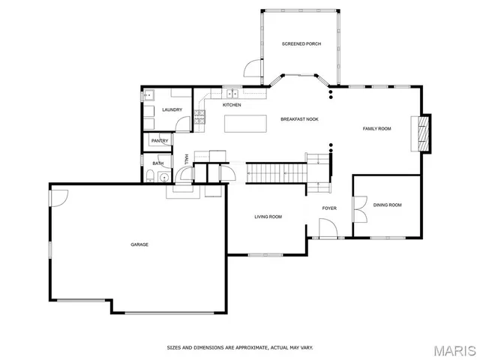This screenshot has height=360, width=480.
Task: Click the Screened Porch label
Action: click(301, 44)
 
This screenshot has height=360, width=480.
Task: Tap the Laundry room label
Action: click(172, 110)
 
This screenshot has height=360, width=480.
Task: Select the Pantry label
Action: click(160, 141)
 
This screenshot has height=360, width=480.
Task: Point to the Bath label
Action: click(158, 163)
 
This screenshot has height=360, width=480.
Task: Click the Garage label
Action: click(139, 244)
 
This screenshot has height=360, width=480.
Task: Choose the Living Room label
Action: click(268, 217)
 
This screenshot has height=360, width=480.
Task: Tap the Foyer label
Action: click(330, 208)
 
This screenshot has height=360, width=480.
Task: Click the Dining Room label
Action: click(388, 205)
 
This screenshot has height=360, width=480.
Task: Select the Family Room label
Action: click(377, 129)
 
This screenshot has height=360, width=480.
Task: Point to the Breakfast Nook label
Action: click(299, 119)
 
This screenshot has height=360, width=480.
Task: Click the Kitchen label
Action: click(232, 105)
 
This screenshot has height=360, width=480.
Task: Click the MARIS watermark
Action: click(454, 350)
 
